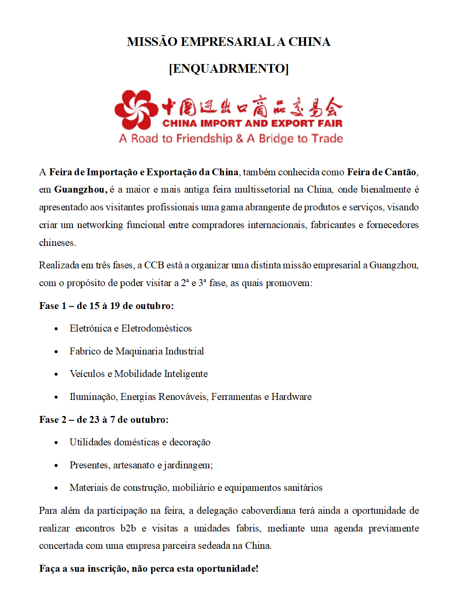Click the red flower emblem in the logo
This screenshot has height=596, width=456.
point(136,110)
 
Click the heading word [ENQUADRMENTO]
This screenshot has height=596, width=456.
point(229,68)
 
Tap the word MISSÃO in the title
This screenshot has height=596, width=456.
point(152,42)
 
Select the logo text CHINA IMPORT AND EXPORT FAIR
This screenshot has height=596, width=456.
point(252,123)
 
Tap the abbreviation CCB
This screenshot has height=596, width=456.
point(154,265)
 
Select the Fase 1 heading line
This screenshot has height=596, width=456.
point(106,306)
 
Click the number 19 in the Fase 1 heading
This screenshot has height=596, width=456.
point(115,306)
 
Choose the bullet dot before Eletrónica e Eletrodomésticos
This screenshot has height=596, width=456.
point(56,329)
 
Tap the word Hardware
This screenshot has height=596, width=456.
point(291,397)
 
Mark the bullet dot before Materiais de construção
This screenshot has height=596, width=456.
point(56,488)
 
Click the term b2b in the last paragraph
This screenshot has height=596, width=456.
point(128,528)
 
